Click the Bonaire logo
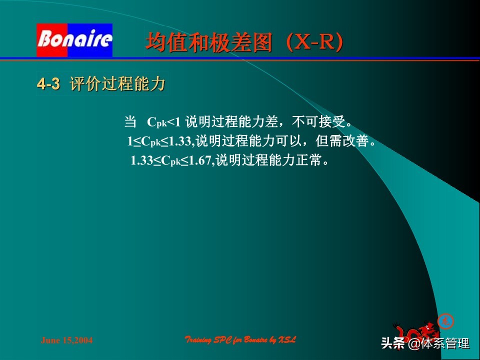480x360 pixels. click(x=74, y=40)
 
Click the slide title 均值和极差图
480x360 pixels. click(x=209, y=43)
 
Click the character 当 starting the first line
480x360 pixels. click(x=130, y=122)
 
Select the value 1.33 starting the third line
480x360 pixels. click(x=141, y=161)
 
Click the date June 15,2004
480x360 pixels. click(x=66, y=340)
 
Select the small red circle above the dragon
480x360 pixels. click(x=445, y=320)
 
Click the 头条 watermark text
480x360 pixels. click(x=393, y=343)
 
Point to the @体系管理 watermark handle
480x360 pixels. click(x=438, y=343)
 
